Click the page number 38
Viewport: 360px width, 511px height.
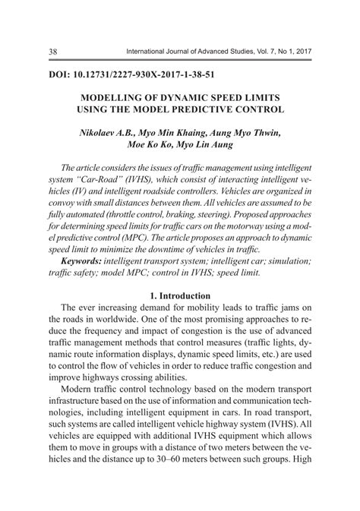(x=33, y=51)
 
